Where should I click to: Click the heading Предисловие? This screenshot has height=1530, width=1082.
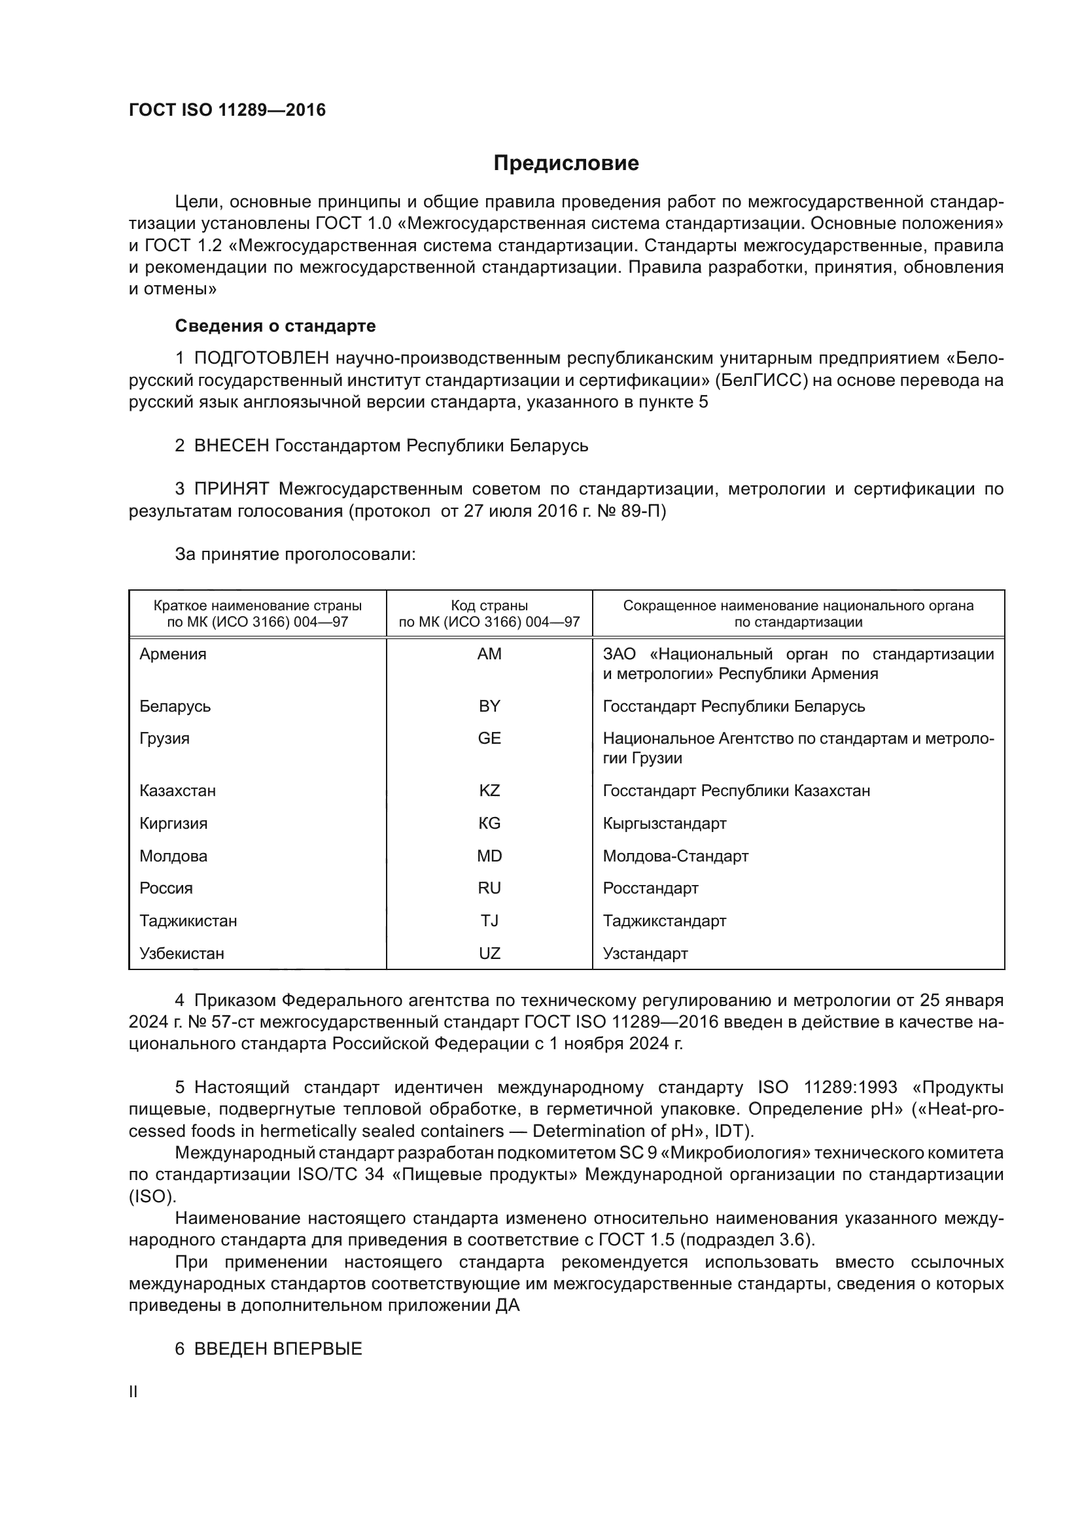pyautogui.click(x=566, y=164)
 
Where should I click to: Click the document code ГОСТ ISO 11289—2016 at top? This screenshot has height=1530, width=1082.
pyautogui.click(x=227, y=111)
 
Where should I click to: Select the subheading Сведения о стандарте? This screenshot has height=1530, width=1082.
pyautogui.click(x=275, y=326)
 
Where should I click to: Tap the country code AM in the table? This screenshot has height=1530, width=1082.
pyautogui.click(x=489, y=654)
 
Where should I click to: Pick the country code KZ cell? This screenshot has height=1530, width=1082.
pyautogui.click(x=489, y=791)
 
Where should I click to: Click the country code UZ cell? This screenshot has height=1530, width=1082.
pyautogui.click(x=489, y=954)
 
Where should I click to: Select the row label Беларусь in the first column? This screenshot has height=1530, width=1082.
pyautogui.click(x=175, y=706)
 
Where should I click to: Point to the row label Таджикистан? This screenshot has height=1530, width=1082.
pyautogui.click(x=188, y=921)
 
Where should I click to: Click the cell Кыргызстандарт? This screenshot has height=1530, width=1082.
pyautogui.click(x=664, y=824)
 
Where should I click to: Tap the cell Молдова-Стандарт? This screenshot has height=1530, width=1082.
pyautogui.click(x=675, y=856)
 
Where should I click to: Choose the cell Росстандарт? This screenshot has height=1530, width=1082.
pyautogui.click(x=650, y=888)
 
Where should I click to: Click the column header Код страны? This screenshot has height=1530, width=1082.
pyautogui.click(x=489, y=606)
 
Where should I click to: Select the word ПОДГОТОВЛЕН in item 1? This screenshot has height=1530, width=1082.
pyautogui.click(x=262, y=358)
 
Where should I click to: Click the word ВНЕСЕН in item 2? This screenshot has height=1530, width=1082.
pyautogui.click(x=231, y=446)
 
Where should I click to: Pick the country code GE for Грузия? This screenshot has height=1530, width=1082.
pyautogui.click(x=489, y=739)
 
